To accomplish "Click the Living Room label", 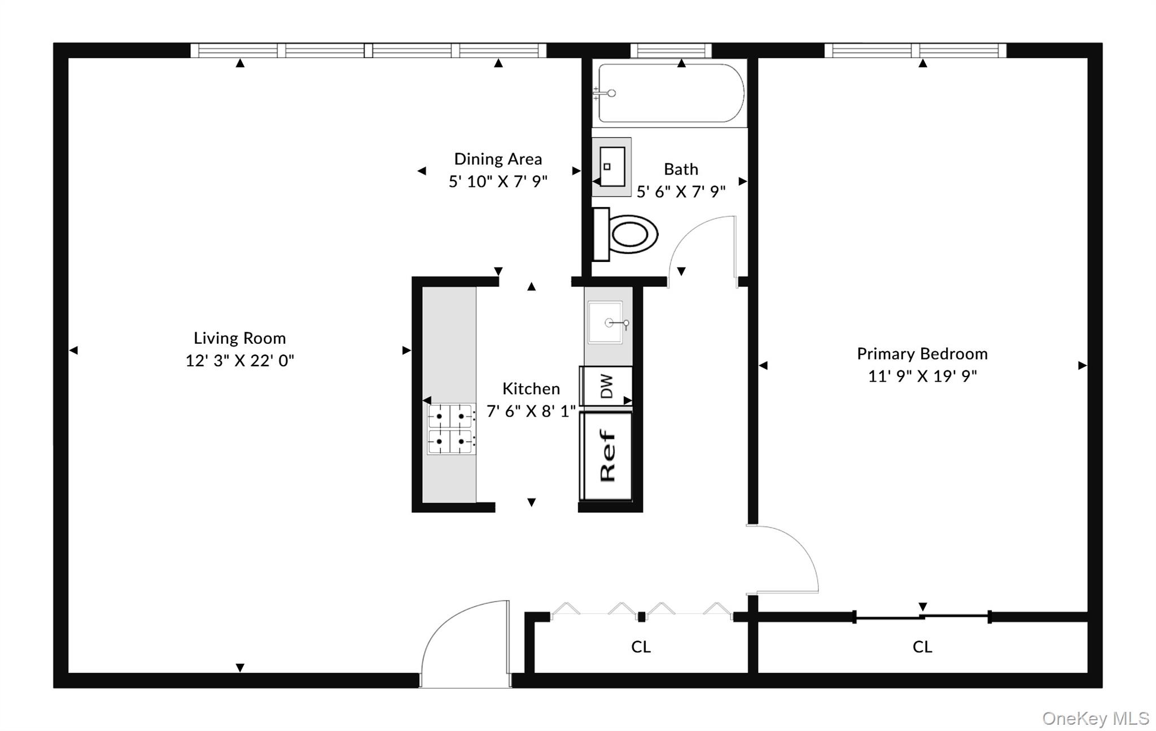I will [239, 338].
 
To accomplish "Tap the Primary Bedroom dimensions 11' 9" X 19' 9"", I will [922, 376].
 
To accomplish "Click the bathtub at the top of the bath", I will [671, 93].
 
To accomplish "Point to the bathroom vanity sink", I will [611, 167].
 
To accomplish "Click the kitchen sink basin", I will [606, 323].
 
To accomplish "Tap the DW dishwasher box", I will [606, 386].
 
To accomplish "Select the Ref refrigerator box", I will [607, 456].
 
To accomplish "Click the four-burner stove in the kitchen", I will [450, 429].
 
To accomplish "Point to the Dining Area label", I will [498, 159].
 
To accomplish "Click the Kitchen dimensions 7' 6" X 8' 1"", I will [531, 412].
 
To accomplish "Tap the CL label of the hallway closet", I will [641, 647].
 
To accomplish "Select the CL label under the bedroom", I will [922, 647].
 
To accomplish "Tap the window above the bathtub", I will [671, 51].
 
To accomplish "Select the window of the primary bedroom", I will [915, 51].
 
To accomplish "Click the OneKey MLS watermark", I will [1095, 718].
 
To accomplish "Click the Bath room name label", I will [681, 169].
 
